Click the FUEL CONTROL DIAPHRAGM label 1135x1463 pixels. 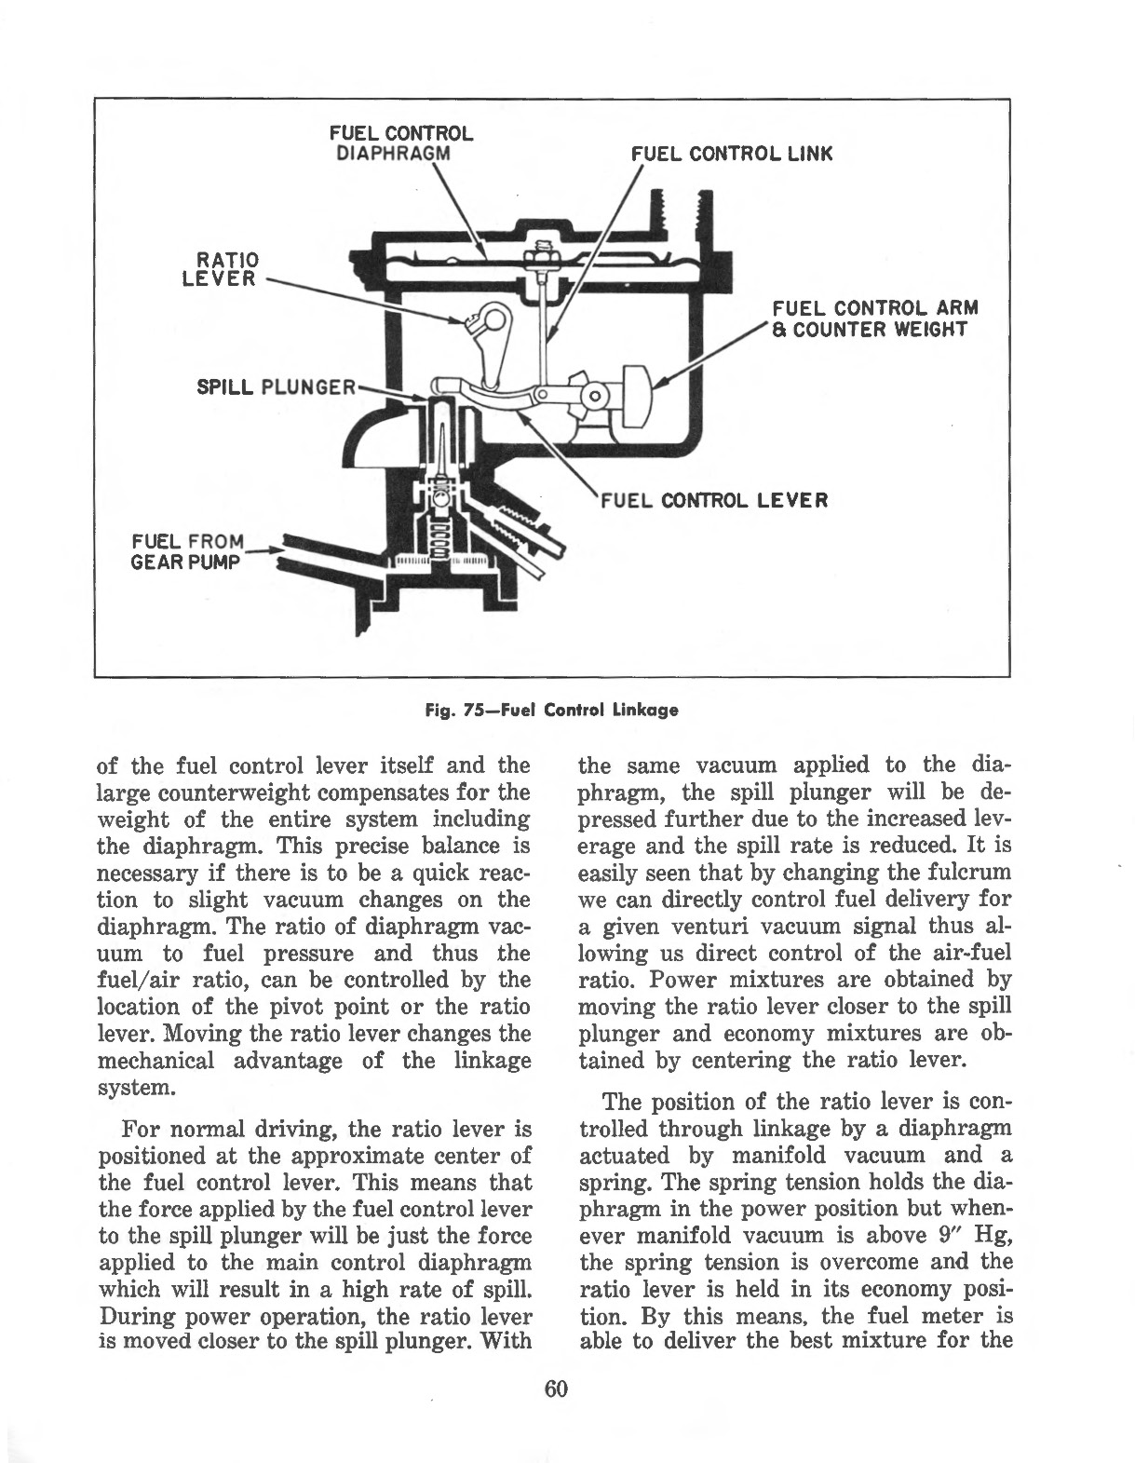[401, 142]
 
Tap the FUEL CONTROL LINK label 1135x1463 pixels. [731, 154]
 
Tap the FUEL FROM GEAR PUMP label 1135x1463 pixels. [186, 552]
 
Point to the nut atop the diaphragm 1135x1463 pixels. [538, 252]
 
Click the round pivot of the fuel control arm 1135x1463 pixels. [594, 398]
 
